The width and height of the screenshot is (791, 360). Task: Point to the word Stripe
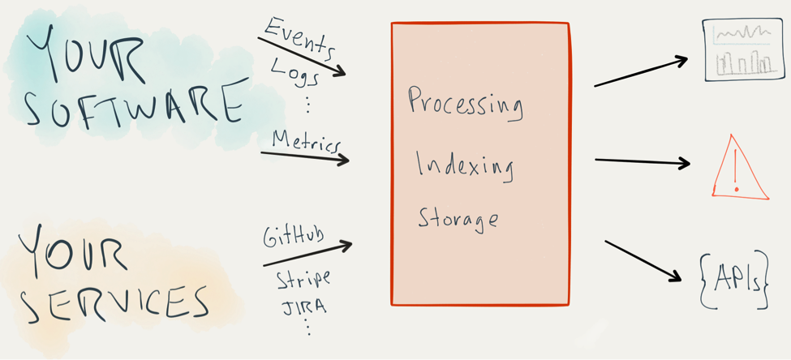point(303,281)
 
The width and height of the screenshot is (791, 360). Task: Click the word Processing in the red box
point(465,103)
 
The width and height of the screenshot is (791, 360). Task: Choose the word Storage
point(458,218)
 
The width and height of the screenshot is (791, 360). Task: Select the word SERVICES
point(114,300)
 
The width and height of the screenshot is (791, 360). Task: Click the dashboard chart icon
point(743,51)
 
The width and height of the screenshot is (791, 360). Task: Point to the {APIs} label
point(733,281)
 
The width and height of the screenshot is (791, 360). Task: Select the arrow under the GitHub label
point(307,254)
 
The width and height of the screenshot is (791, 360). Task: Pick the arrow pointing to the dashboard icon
point(641,71)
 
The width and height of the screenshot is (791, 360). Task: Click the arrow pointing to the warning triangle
point(642,161)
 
